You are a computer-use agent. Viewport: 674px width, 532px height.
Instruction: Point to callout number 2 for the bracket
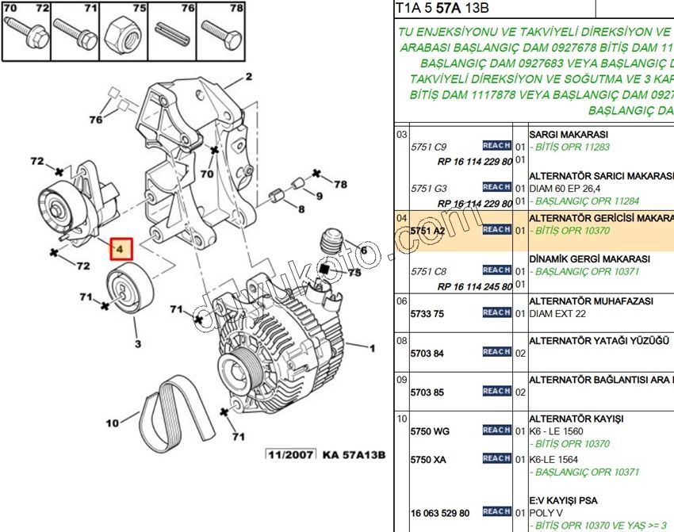(248, 77)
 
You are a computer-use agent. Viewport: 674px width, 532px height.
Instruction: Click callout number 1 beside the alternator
(370, 347)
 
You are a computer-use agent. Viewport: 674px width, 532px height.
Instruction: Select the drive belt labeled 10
(179, 408)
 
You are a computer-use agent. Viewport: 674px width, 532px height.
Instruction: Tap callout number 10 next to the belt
(112, 422)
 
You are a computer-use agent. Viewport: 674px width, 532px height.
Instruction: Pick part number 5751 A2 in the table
(428, 231)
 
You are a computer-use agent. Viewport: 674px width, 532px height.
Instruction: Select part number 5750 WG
(430, 431)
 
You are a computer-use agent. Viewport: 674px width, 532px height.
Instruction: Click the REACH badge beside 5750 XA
(496, 458)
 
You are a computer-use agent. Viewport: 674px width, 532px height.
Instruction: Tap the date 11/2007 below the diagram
(290, 455)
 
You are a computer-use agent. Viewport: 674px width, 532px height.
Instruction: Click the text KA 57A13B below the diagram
(353, 455)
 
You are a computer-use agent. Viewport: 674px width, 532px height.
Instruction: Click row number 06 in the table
(401, 301)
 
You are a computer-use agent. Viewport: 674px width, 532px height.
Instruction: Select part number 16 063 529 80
(439, 513)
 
